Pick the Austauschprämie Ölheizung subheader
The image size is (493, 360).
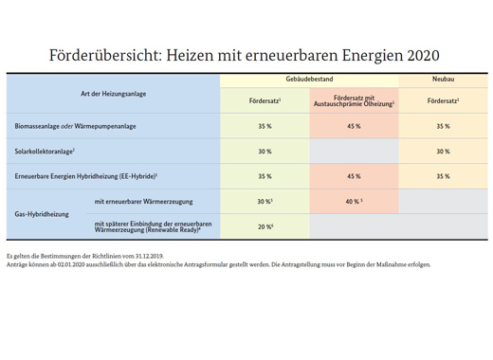click(x=353, y=100)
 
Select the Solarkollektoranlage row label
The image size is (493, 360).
click(x=45, y=151)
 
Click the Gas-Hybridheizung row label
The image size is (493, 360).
click(x=43, y=214)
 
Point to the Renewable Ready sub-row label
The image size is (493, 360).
click(x=155, y=225)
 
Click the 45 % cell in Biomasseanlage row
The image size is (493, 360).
click(x=354, y=125)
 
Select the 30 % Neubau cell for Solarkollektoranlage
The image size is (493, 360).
click(x=442, y=151)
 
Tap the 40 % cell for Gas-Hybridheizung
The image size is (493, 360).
click(x=354, y=201)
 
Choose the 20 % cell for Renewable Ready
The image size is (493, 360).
click(x=265, y=226)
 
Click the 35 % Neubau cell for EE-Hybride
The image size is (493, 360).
click(x=442, y=176)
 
